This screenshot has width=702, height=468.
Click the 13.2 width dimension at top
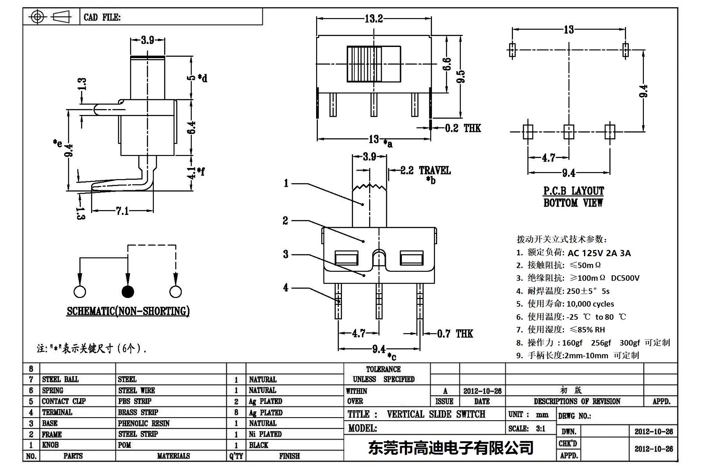pyautogui.click(x=373, y=19)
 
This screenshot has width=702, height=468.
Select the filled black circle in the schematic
pyautogui.click(x=128, y=292)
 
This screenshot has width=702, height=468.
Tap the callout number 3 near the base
pyautogui.click(x=286, y=254)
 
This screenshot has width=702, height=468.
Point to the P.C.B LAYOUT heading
pyautogui.click(x=573, y=191)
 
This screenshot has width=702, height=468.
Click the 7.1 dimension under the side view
pyautogui.click(x=122, y=211)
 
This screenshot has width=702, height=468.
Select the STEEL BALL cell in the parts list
pyautogui.click(x=60, y=379)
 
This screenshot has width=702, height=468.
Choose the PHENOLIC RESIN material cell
pyautogui.click(x=144, y=423)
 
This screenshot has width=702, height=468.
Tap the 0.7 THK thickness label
pyautogui.click(x=455, y=334)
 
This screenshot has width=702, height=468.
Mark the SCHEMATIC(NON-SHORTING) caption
pyautogui.click(x=128, y=311)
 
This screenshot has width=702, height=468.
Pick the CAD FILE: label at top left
pyautogui.click(x=102, y=17)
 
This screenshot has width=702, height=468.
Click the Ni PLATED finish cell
pyautogui.click(x=265, y=434)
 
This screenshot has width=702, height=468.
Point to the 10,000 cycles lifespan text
pyautogui.click(x=590, y=304)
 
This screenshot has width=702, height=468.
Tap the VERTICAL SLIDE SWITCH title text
pyautogui.click(x=436, y=414)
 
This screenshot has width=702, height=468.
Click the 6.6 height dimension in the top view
pyautogui.click(x=447, y=65)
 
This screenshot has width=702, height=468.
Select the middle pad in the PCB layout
pyautogui.click(x=568, y=131)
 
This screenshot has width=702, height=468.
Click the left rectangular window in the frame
pyautogui.click(x=347, y=258)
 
